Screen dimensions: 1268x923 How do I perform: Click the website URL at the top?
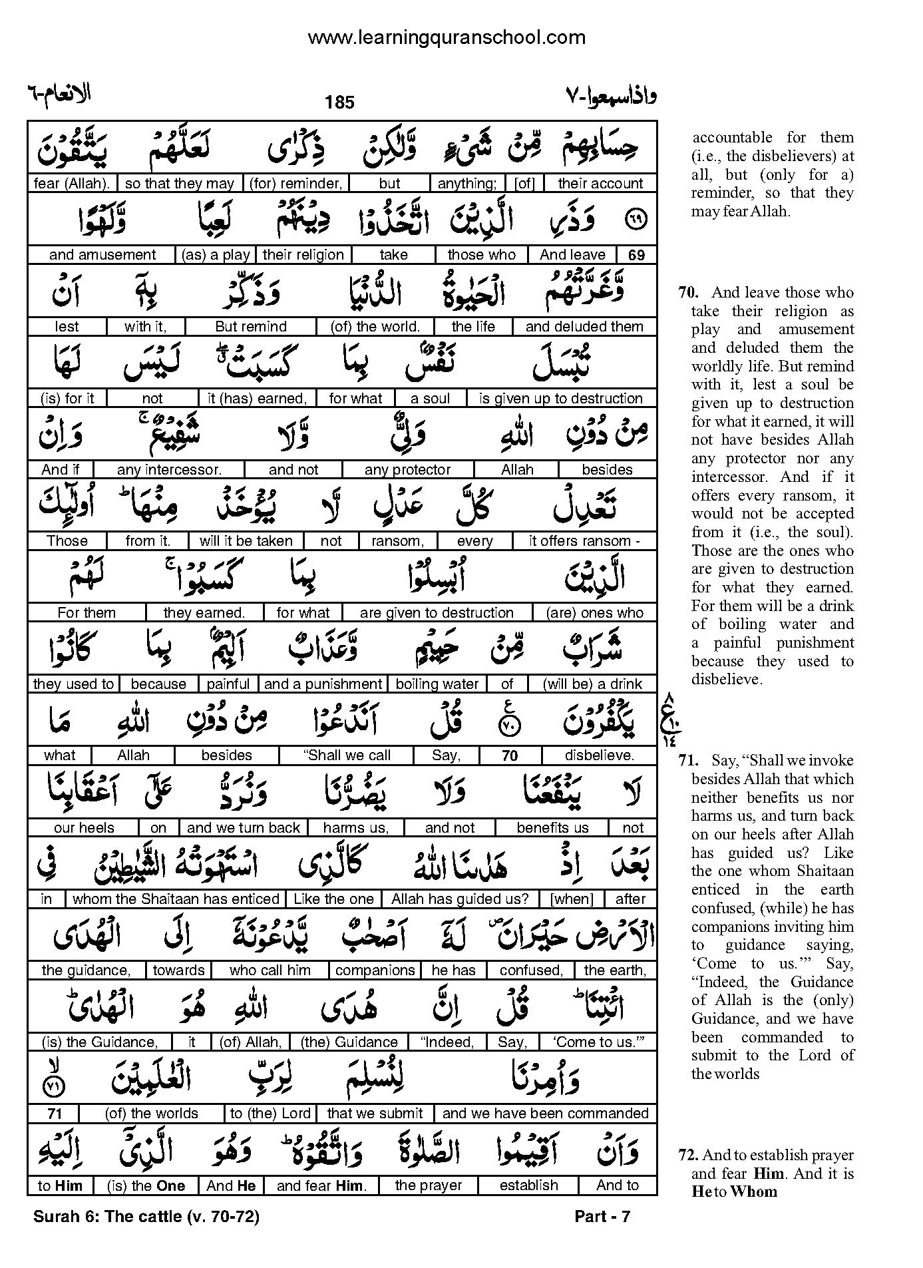[x=447, y=38]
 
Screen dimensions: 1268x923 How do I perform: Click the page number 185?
[x=340, y=103]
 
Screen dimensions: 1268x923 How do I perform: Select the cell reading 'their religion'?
[x=303, y=255]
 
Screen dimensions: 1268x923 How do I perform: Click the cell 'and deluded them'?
[x=584, y=327]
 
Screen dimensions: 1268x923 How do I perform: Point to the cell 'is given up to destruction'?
[x=560, y=399]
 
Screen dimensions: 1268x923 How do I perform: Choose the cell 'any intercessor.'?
[x=169, y=470]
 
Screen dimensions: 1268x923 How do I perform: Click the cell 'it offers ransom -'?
[x=584, y=541]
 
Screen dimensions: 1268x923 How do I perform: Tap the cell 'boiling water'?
[x=437, y=684]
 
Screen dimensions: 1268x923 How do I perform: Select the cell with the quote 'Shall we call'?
[x=347, y=755]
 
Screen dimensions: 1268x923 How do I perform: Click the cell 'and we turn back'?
[x=244, y=828]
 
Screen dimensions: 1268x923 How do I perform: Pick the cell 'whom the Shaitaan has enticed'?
[x=176, y=899]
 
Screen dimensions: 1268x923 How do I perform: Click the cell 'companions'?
[x=375, y=970]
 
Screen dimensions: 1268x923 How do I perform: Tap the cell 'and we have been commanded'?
[x=545, y=1114]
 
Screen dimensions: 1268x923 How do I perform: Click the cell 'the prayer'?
[x=428, y=1185]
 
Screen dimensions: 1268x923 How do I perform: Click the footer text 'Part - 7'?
[x=602, y=1217]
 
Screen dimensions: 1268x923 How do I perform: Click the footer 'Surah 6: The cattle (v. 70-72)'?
[x=146, y=1217]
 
